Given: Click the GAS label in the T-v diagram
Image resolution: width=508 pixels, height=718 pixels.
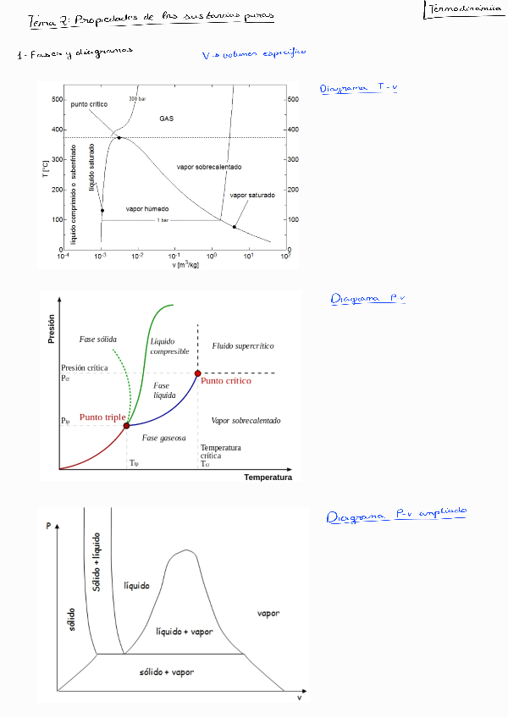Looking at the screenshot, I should point(167,119).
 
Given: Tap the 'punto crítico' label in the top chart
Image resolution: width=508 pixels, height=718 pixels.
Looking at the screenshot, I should point(89,104).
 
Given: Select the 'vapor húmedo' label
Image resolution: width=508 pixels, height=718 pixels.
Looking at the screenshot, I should point(147,208).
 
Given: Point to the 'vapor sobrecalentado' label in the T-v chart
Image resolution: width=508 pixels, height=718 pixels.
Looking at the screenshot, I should point(209,167).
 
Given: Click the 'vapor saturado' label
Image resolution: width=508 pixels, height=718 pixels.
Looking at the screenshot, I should point(252,195).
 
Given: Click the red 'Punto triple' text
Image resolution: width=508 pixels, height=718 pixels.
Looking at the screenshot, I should point(102,417).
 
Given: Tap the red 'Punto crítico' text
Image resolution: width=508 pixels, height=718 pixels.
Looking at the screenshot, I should point(226,381).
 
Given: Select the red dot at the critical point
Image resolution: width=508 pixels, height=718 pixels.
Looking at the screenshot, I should point(198,373).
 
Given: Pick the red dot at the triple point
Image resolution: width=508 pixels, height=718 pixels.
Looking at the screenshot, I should point(127,426).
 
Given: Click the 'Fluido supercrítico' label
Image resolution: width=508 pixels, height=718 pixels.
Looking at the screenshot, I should point(243,346).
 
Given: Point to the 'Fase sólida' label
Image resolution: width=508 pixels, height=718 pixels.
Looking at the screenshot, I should point(97,339).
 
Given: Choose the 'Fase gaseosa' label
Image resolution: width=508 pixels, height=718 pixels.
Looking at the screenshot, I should point(164,438).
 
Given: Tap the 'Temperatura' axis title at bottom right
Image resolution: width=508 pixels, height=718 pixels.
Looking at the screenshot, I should point(268,477).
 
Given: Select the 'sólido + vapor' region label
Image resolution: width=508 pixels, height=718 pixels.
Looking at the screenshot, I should point(167,671).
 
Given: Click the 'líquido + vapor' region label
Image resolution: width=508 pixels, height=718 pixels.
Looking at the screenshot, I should point(185,632).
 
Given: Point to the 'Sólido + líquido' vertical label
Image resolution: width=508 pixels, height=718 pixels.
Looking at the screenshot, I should point(97,562).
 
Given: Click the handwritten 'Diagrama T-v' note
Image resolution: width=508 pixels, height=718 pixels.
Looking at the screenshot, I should point(359,87).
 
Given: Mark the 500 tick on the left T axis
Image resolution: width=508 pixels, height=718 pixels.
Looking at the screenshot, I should point(57,100).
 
